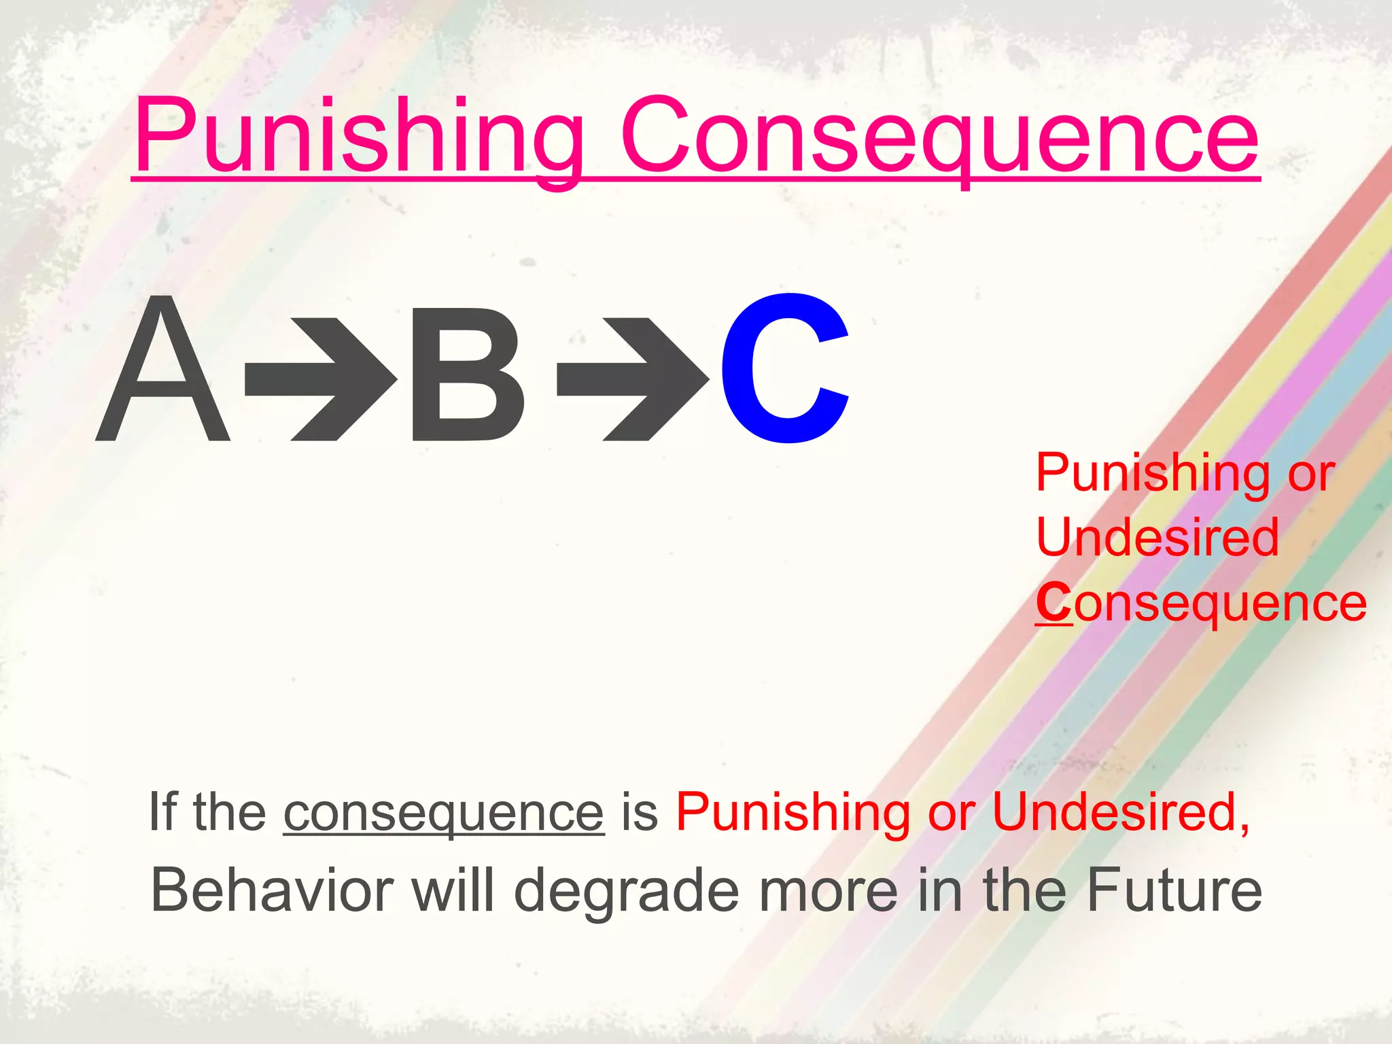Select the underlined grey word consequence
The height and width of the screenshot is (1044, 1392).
click(x=443, y=813)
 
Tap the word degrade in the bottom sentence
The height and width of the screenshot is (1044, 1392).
click(x=625, y=890)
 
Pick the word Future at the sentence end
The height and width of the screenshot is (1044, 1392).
click(x=1174, y=890)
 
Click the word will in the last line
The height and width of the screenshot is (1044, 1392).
click(x=453, y=890)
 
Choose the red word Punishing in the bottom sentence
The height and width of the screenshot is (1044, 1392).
click(x=793, y=813)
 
